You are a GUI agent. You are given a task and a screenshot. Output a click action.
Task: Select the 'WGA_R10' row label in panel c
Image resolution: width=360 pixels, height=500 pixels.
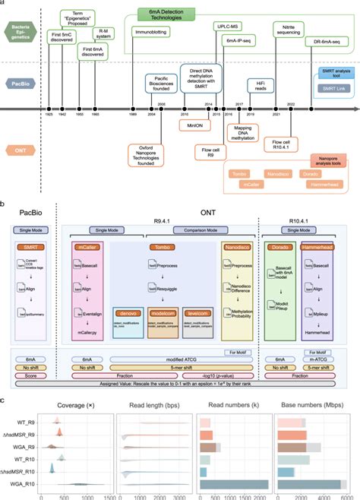point(24,484)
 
